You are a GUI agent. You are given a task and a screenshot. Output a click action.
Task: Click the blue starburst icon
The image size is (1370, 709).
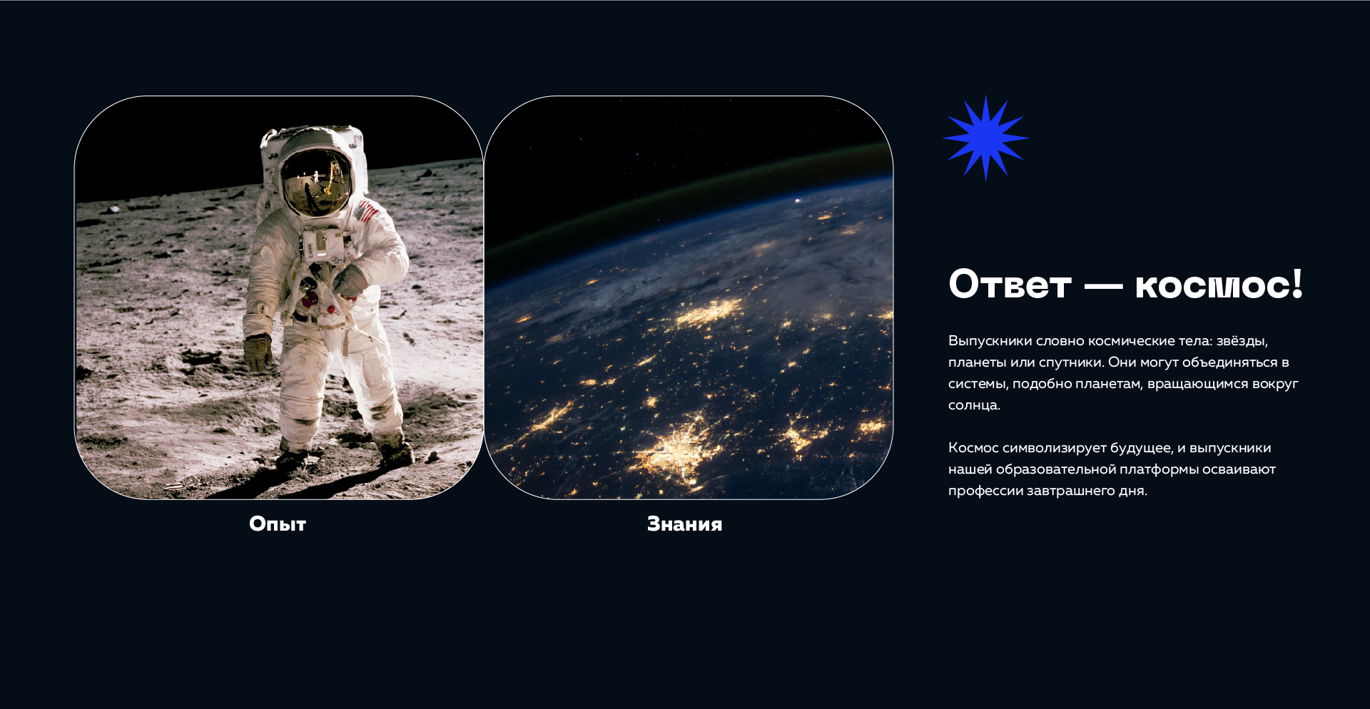(x=985, y=138)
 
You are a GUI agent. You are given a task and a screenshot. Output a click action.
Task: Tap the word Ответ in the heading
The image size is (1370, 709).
(x=1010, y=285)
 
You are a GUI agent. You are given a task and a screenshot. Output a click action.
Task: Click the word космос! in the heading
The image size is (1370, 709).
(x=1219, y=285)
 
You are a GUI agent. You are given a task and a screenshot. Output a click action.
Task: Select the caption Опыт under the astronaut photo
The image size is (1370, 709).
(x=278, y=524)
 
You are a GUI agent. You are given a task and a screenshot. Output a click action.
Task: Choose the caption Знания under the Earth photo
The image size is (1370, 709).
(x=685, y=524)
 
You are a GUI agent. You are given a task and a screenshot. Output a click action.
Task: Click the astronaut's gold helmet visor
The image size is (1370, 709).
(x=316, y=182)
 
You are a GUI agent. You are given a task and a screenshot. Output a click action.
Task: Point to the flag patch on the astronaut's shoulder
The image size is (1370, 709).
(x=365, y=211)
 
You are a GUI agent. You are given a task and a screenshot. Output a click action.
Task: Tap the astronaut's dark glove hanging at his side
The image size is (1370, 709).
(x=258, y=352)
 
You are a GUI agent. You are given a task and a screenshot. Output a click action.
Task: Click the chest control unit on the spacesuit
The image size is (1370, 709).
(x=323, y=245)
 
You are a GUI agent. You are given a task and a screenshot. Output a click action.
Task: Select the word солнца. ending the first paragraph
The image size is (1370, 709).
(x=975, y=405)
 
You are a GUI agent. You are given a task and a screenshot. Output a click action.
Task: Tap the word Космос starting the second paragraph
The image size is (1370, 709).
(x=973, y=448)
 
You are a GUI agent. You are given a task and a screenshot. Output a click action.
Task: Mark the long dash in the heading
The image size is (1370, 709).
(x=1103, y=287)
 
